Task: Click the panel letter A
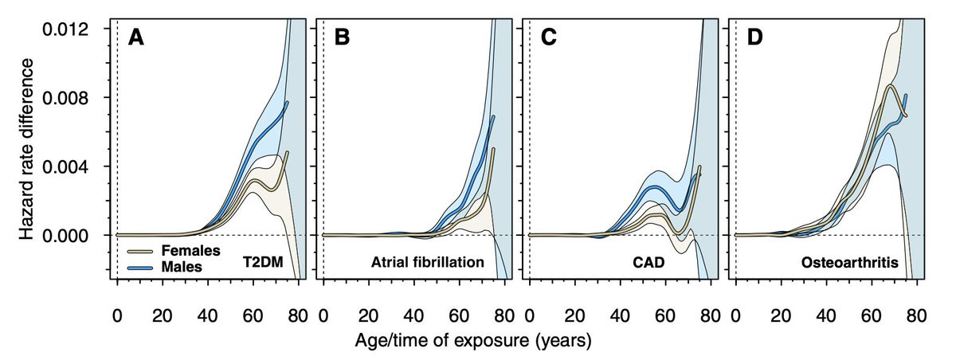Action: pyautogui.click(x=137, y=38)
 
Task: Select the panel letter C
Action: pyautogui.click(x=548, y=38)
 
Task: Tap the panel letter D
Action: pyautogui.click(x=754, y=38)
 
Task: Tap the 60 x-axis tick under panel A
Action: pyautogui.click(x=254, y=314)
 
